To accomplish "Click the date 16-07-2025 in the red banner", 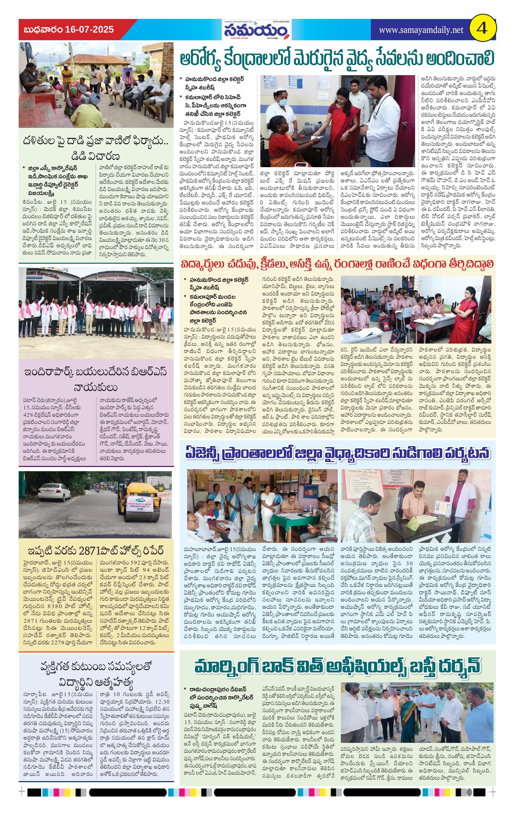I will [x=90, y=30].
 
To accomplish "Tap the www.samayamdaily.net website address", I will [x=421, y=30].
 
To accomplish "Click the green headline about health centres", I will [x=337, y=58].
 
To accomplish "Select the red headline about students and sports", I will [x=337, y=264].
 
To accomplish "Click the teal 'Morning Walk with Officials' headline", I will [x=337, y=666].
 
